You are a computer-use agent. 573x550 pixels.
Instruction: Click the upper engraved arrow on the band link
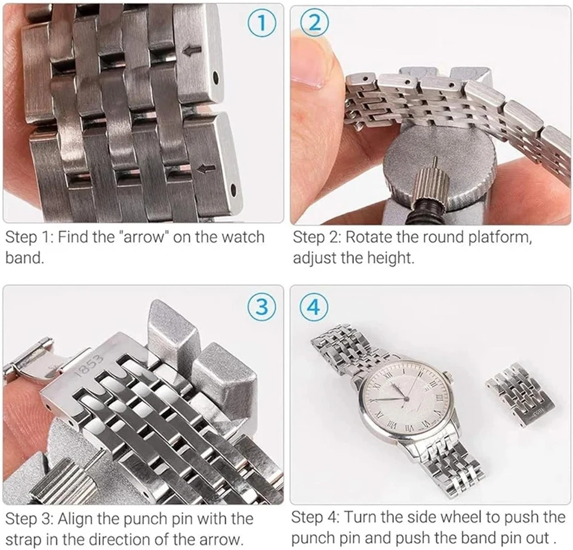point(192,50)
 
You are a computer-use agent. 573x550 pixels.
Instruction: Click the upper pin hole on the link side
point(215,78)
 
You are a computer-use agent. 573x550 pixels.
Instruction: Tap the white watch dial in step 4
point(405,394)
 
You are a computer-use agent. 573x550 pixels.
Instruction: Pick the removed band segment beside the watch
point(519,394)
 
